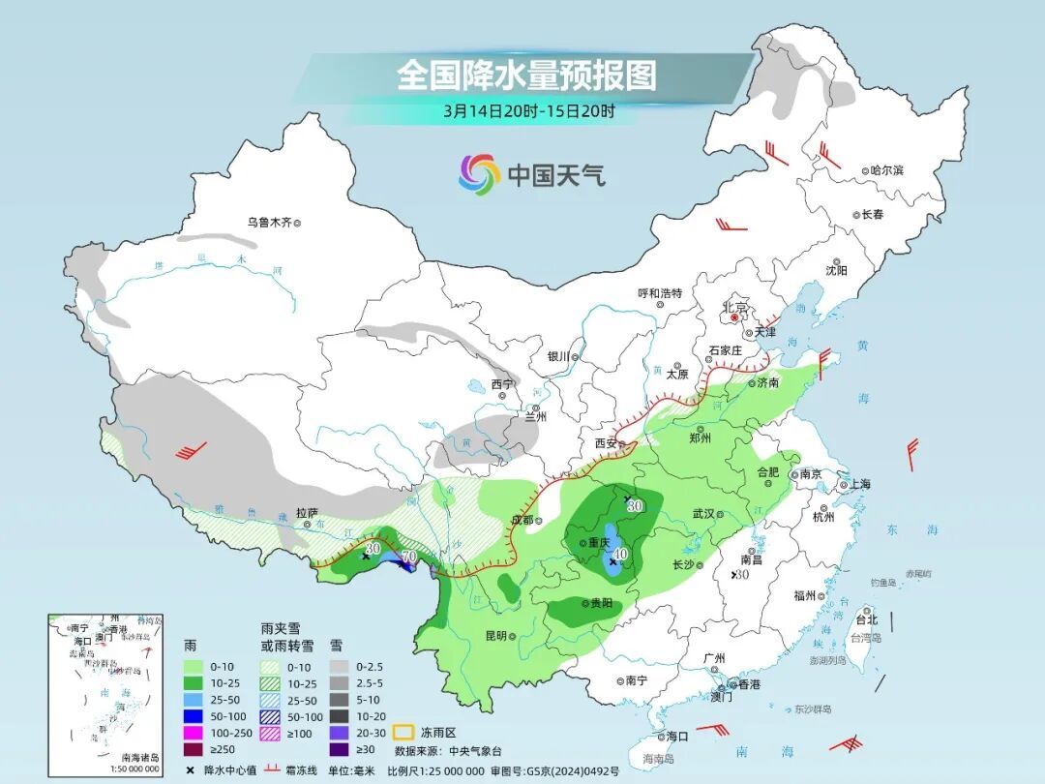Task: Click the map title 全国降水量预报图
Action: pos(526,75)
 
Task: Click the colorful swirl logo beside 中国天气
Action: pos(479,174)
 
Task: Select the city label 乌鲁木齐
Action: pos(269,223)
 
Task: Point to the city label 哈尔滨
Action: pos(885,170)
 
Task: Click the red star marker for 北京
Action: pos(735,317)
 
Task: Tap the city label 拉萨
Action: pos(307,514)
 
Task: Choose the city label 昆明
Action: pos(495,636)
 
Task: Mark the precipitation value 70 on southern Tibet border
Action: pos(408,557)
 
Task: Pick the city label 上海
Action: pos(859,484)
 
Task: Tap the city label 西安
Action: pos(606,443)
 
